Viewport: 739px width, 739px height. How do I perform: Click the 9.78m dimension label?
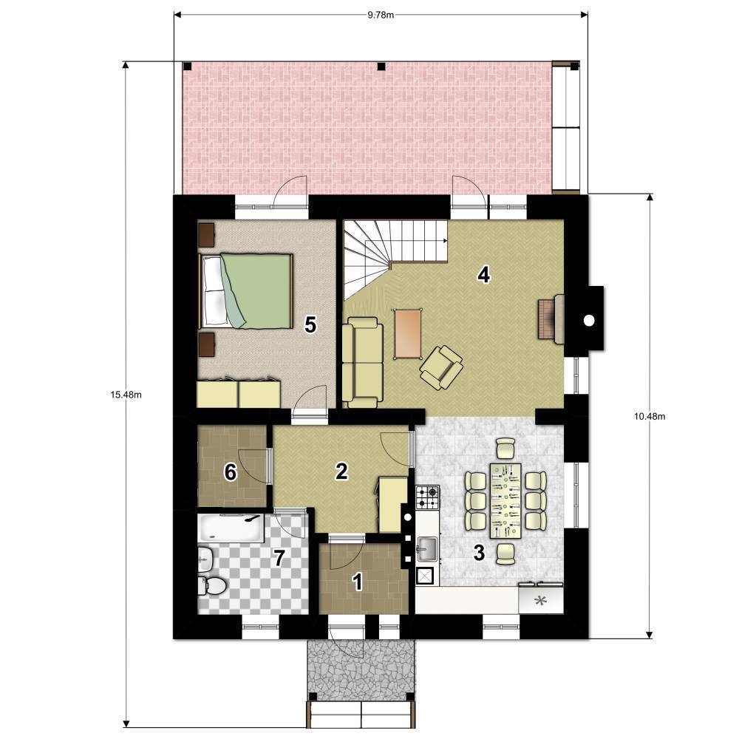click(x=381, y=15)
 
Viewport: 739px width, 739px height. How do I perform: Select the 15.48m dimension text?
click(x=126, y=395)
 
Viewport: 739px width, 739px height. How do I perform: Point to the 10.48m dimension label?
click(x=650, y=416)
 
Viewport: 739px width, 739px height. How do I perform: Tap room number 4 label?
click(x=483, y=275)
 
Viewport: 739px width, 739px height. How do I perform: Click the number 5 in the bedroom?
click(x=310, y=324)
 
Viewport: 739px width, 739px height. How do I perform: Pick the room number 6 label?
click(x=230, y=472)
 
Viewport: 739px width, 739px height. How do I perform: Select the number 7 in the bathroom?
click(x=279, y=559)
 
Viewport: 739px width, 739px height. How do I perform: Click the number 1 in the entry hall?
click(x=358, y=582)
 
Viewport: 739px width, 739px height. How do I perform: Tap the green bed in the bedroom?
click(x=246, y=290)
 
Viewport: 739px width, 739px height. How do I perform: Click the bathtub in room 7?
click(x=231, y=528)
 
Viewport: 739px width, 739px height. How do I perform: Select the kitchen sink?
click(x=426, y=548)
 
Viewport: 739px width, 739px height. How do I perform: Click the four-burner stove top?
click(x=427, y=497)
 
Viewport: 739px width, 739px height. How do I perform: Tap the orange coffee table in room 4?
click(x=408, y=334)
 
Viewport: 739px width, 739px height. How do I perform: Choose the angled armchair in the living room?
click(x=441, y=367)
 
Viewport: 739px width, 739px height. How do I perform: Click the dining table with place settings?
click(x=505, y=500)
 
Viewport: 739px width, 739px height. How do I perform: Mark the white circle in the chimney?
click(x=589, y=321)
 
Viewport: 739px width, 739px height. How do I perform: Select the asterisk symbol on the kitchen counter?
click(x=541, y=601)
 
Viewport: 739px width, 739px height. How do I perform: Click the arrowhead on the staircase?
click(x=445, y=241)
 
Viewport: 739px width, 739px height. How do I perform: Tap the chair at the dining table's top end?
click(x=505, y=449)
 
